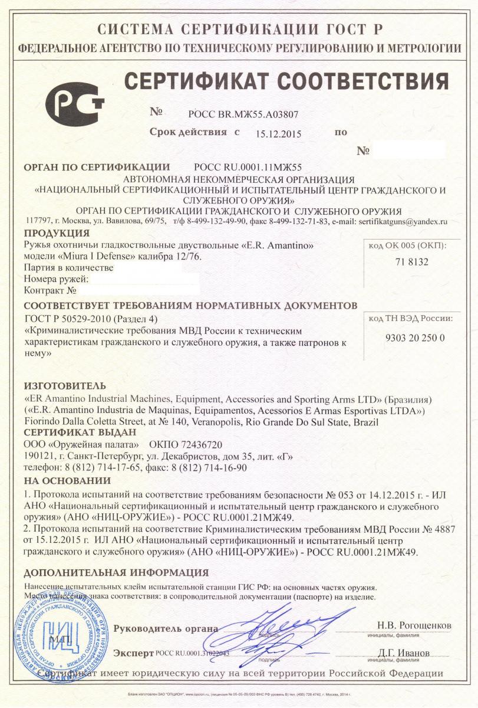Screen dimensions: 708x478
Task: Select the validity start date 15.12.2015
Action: point(278,133)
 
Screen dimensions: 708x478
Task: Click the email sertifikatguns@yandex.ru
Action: point(402,221)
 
